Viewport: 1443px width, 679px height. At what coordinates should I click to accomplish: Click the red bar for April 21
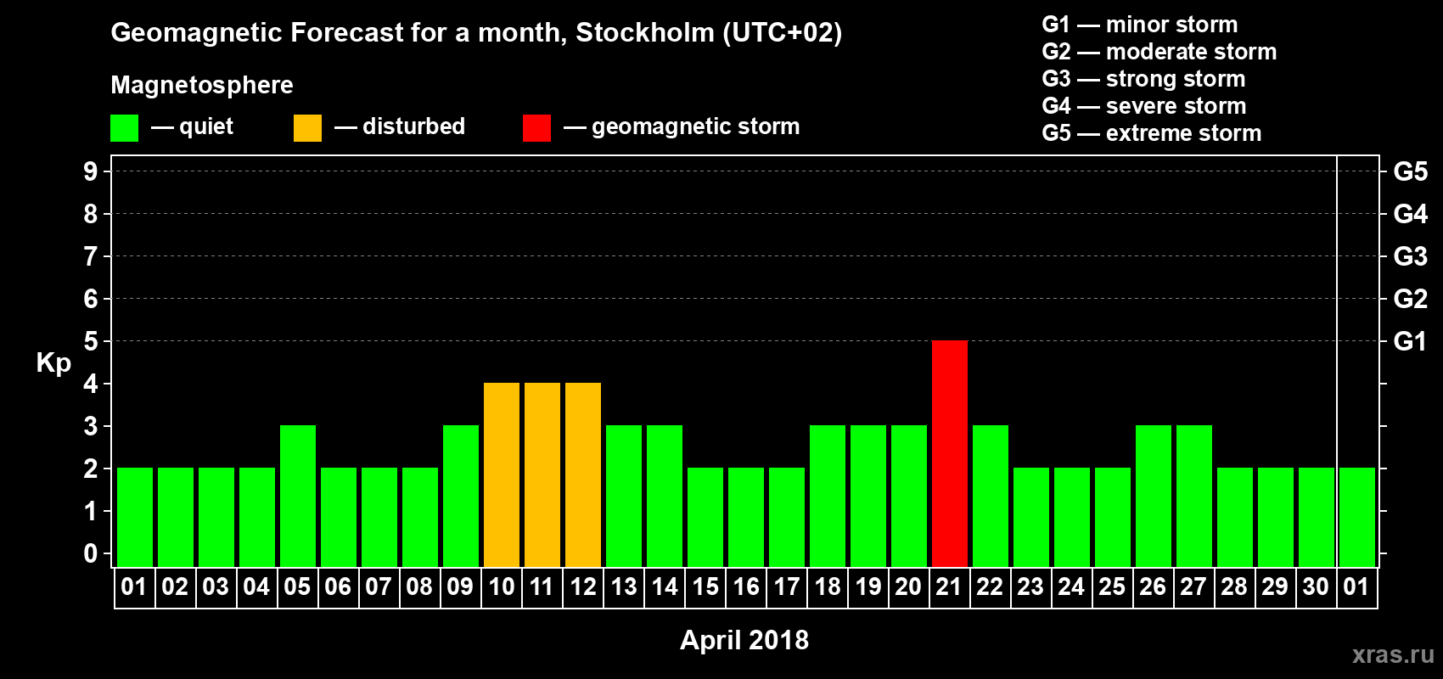[949, 453]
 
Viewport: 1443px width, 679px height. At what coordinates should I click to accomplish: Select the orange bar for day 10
[501, 474]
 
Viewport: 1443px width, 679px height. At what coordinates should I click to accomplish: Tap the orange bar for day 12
[582, 474]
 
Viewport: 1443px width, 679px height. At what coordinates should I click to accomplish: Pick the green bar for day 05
[297, 496]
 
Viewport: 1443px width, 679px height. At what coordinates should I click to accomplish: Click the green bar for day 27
[1193, 496]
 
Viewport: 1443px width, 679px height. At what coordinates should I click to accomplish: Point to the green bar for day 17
[786, 517]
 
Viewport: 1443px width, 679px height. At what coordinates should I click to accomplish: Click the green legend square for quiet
[124, 128]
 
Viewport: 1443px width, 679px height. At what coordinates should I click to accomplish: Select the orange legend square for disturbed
[307, 128]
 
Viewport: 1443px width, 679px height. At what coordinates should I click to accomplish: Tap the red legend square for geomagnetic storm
[536, 128]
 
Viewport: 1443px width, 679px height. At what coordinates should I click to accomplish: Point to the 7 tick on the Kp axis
[91, 256]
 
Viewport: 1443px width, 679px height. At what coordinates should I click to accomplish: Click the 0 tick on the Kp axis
[91, 554]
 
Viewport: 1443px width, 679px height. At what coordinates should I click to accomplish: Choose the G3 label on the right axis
[1410, 256]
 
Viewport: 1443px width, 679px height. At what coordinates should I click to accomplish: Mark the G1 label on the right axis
[1410, 341]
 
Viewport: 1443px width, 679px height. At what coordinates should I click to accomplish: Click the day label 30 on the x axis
[1316, 587]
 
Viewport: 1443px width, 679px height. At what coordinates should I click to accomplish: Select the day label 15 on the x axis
[705, 587]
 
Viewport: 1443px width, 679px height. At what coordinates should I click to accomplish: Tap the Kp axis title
[53, 363]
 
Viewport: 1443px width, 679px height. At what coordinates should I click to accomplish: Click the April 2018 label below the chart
[744, 640]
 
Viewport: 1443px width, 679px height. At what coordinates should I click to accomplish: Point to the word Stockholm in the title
[645, 33]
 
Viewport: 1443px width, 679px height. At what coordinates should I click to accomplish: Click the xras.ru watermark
[1393, 654]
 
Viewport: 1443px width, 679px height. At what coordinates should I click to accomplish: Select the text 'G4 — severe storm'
[1144, 106]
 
